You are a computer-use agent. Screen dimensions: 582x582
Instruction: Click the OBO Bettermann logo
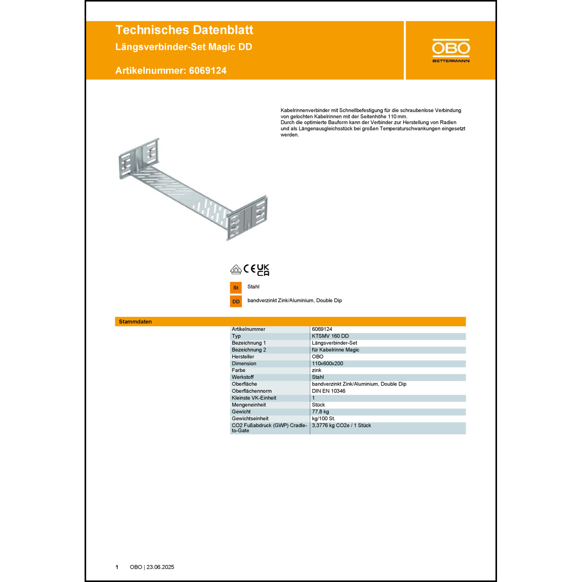tap(451, 50)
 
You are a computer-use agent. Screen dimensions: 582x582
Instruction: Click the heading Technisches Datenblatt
tap(184, 30)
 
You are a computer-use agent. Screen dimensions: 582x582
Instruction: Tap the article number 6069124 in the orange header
tap(208, 71)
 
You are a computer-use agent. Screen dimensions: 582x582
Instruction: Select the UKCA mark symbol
tap(263, 270)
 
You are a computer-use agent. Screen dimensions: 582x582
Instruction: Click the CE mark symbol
tap(249, 269)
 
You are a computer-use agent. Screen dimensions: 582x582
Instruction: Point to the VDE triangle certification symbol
tap(236, 269)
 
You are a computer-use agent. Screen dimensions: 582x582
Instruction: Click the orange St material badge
tap(236, 288)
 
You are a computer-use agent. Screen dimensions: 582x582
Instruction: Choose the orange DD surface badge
tap(236, 301)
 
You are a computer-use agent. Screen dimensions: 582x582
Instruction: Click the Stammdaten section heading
tap(135, 322)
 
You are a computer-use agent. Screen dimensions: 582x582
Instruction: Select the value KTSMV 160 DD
tap(330, 336)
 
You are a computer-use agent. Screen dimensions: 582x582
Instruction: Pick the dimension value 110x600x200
tap(327, 364)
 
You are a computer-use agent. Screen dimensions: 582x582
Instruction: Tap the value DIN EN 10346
tap(329, 391)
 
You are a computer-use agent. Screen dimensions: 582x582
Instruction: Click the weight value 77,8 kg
tap(320, 412)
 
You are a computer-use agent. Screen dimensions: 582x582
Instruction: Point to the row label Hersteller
tap(243, 357)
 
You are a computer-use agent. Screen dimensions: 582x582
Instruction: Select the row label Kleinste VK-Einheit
tap(254, 398)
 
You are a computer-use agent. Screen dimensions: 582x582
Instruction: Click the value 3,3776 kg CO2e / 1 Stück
tap(341, 426)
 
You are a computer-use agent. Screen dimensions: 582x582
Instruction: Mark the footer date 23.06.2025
tap(160, 567)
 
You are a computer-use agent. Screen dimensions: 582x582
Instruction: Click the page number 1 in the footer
tap(117, 567)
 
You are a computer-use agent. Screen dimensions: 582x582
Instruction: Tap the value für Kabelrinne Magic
tap(336, 350)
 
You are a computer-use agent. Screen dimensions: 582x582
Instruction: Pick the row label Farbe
tap(239, 371)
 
